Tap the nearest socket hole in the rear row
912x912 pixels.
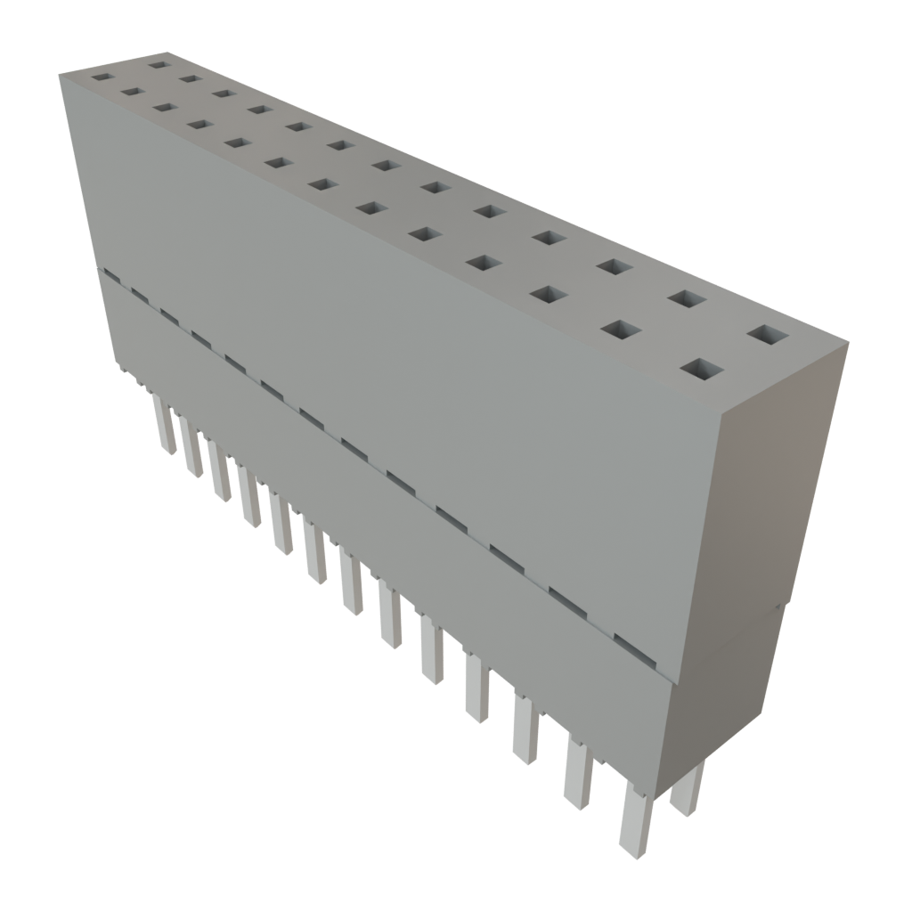(x=769, y=336)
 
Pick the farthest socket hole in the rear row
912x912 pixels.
(x=159, y=63)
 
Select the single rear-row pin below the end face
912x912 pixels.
(x=686, y=789)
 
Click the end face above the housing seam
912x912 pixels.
(x=779, y=490)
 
